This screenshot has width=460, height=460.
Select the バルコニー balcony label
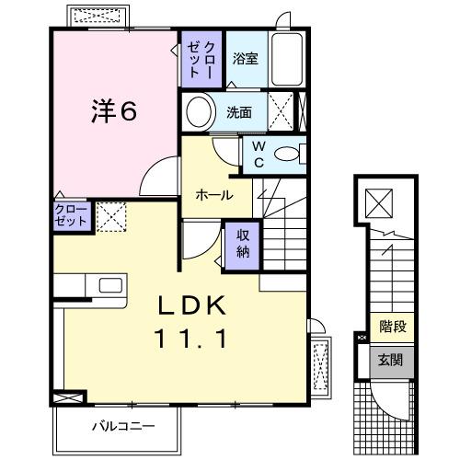pos(123,426)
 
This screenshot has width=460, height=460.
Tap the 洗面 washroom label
pos(239,115)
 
